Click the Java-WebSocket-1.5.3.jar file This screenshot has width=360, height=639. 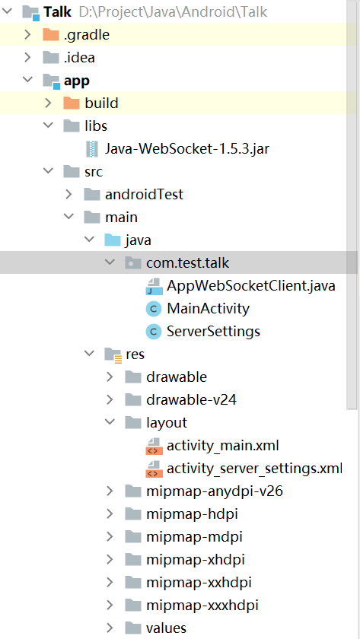pos(186,149)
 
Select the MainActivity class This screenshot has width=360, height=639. pos(208,309)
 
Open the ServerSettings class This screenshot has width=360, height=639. pos(213,332)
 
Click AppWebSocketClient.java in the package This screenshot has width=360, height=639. pos(250,286)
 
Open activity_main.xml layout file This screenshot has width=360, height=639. pos(222,446)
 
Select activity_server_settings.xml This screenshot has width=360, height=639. pos(254,469)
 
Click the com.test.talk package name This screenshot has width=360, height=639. pos(187,263)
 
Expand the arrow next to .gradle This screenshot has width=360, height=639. pos(27,35)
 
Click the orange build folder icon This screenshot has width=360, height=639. pos(72,103)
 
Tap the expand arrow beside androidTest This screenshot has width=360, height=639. pos(69,195)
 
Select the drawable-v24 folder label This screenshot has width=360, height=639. pos(191,400)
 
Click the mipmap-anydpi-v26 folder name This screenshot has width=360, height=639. pos(215,491)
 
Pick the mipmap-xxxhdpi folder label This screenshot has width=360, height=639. pos(202,606)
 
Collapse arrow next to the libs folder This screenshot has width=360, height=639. pos(49,126)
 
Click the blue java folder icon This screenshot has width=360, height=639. pos(113,240)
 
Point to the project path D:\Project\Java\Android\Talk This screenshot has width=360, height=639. pos(173,12)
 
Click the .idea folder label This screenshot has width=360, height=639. pos(79,58)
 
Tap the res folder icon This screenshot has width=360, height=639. pos(113,355)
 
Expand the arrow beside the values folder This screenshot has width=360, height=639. pos(110,628)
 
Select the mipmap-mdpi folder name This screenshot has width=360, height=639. pos(195,537)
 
